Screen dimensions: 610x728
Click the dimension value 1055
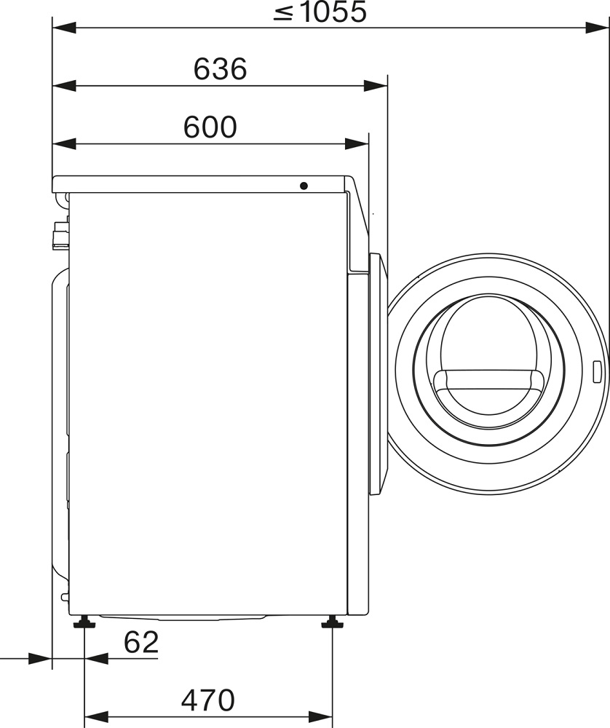[333, 12]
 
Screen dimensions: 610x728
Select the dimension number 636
[220, 69]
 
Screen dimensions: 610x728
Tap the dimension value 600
[210, 127]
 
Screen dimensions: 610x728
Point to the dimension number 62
[141, 642]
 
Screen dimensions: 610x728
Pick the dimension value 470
[208, 700]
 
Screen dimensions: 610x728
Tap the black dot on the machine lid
[304, 186]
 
